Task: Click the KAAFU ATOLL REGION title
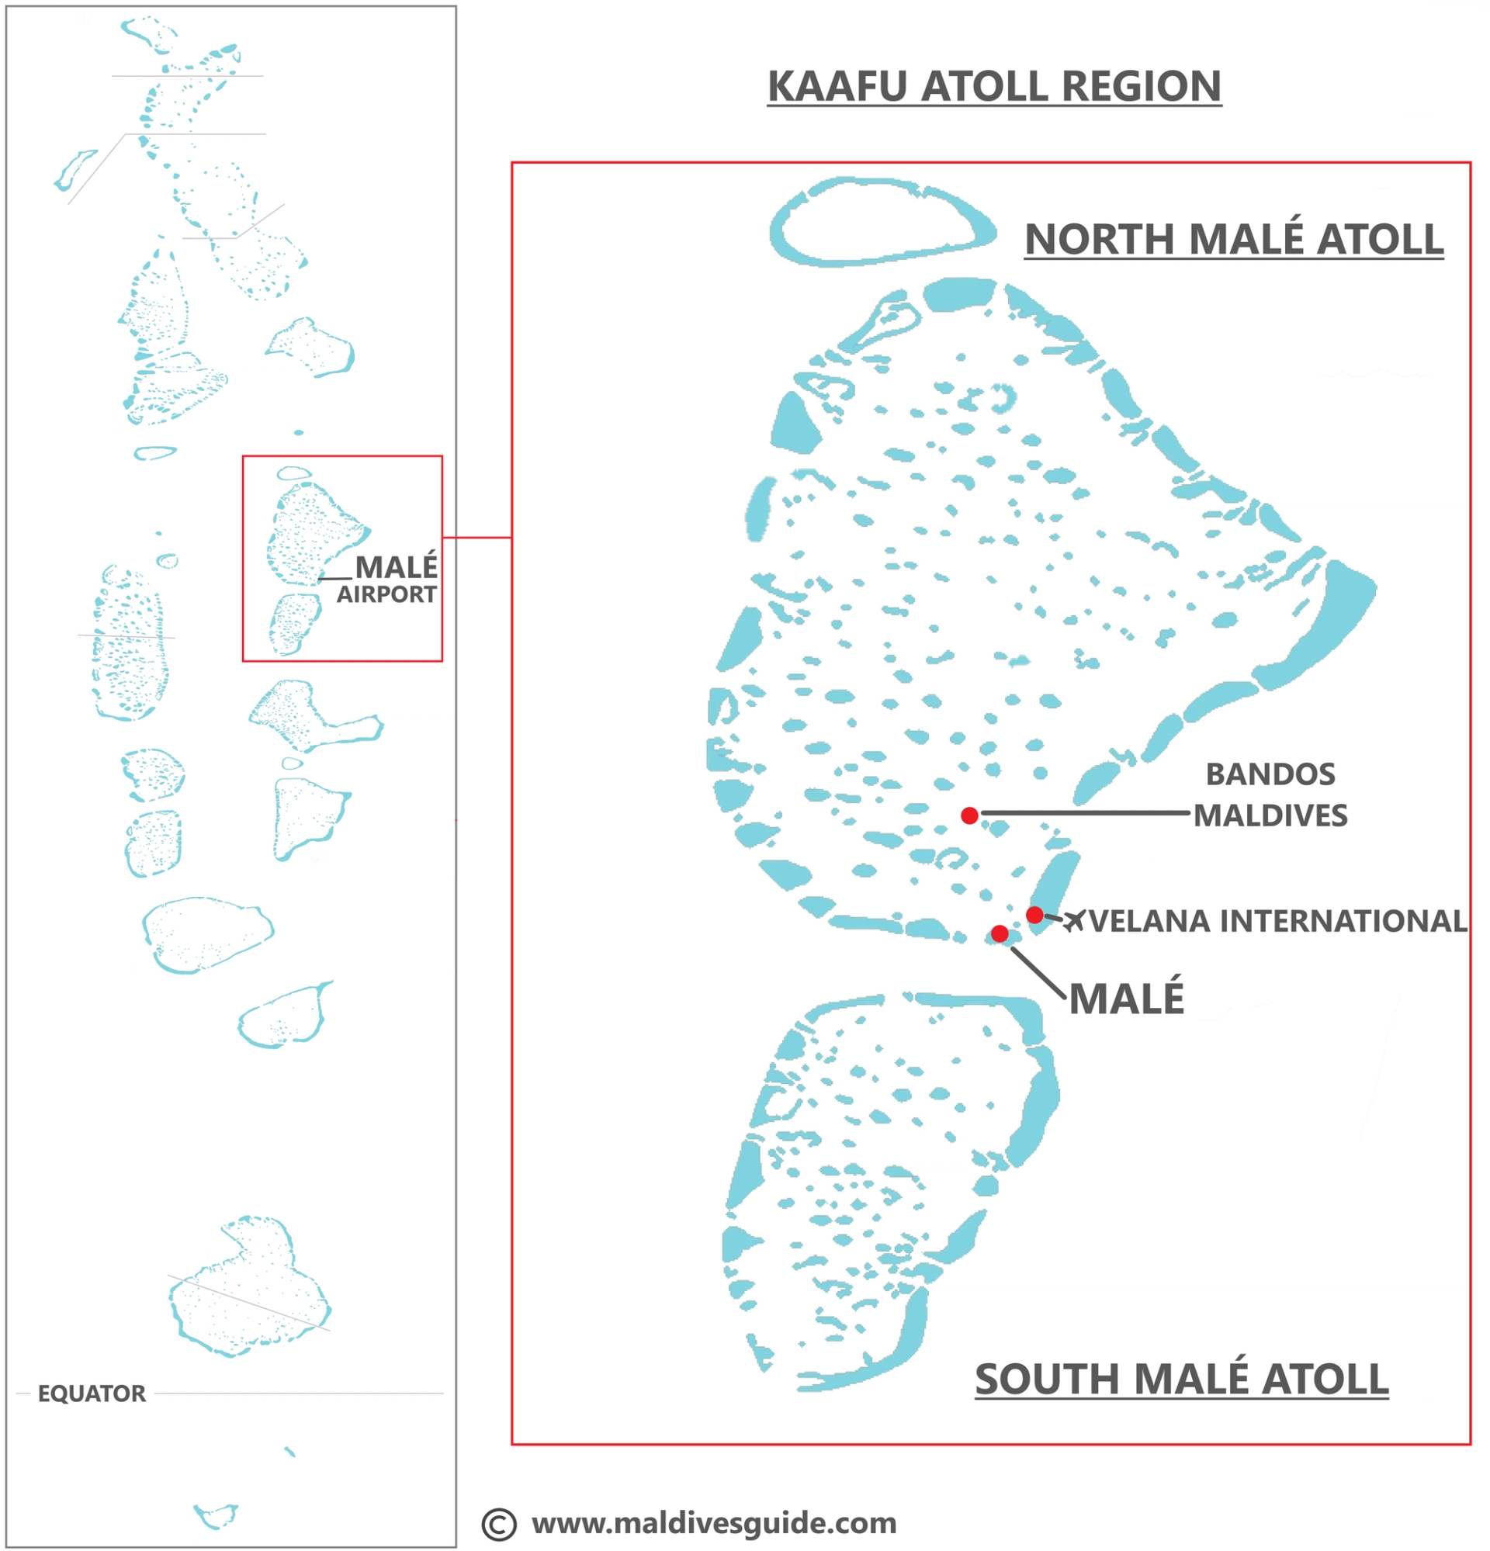(994, 86)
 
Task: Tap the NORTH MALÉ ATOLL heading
(1233, 239)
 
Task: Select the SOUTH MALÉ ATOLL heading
(1180, 1380)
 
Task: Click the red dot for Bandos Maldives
(969, 815)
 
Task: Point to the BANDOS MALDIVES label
(1270, 795)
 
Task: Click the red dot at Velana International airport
(1034, 915)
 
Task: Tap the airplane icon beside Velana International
(1074, 920)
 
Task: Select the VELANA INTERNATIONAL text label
(1278, 921)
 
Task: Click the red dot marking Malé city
(1000, 933)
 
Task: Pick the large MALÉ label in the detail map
(1126, 999)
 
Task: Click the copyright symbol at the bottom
(498, 1524)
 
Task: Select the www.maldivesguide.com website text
(714, 1522)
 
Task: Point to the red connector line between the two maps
(476, 538)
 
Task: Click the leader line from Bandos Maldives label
(1084, 812)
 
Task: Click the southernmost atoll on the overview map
(215, 1515)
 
